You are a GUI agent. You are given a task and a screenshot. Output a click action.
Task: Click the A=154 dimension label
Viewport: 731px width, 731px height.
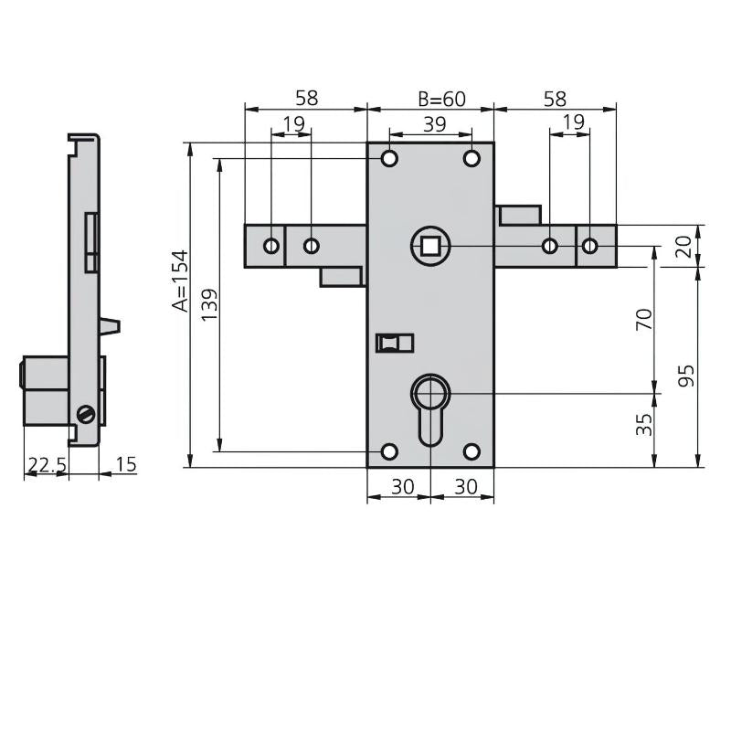click(180, 281)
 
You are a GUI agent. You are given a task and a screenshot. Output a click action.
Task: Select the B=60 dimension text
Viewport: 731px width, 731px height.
click(442, 99)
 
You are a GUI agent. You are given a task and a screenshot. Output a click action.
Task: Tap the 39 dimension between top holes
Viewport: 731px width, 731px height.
click(430, 122)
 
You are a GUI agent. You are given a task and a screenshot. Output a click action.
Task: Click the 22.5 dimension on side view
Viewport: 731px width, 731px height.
click(46, 465)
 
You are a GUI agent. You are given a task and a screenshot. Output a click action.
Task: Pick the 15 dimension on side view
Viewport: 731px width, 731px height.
click(126, 465)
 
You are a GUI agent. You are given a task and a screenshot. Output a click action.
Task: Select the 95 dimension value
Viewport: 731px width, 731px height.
click(687, 375)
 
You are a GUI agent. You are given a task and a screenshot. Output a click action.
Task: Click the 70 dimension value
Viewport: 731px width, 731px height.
click(644, 319)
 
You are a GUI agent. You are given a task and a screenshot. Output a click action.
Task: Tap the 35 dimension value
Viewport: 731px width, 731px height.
click(644, 423)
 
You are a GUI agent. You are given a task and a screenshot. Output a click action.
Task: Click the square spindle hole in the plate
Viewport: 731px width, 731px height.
click(428, 246)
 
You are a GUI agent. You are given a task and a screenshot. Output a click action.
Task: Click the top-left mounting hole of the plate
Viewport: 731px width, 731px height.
click(389, 159)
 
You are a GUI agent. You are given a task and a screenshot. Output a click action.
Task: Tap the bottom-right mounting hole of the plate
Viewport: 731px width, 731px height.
click(471, 451)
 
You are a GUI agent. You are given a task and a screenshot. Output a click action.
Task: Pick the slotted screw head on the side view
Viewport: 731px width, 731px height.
click(88, 414)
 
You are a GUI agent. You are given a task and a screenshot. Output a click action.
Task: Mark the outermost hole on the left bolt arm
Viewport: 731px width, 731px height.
click(271, 246)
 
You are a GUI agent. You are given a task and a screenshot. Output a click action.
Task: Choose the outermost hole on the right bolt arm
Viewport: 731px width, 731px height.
click(590, 246)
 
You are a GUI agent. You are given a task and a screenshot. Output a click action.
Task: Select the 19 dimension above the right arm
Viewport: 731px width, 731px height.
click(573, 122)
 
